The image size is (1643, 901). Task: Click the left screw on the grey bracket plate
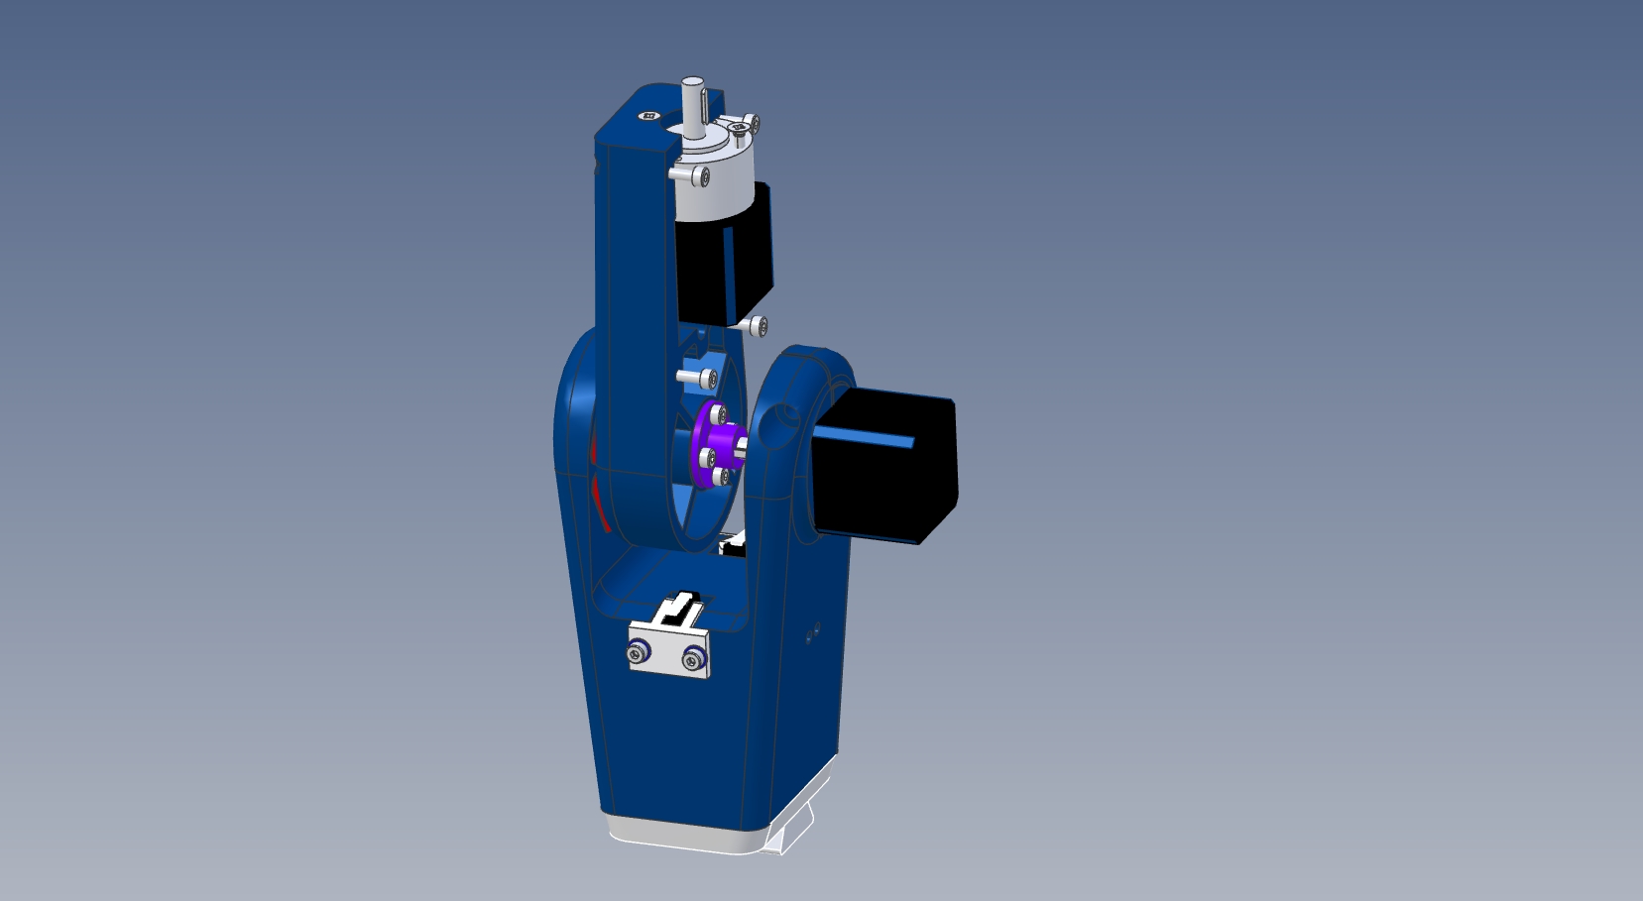638,652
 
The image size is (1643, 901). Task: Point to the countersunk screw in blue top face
649,116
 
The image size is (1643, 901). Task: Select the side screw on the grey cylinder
700,176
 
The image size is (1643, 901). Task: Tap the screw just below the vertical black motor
758,325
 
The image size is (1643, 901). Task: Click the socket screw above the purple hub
707,379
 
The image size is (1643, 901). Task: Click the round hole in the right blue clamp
788,416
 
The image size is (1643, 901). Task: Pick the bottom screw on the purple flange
721,478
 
